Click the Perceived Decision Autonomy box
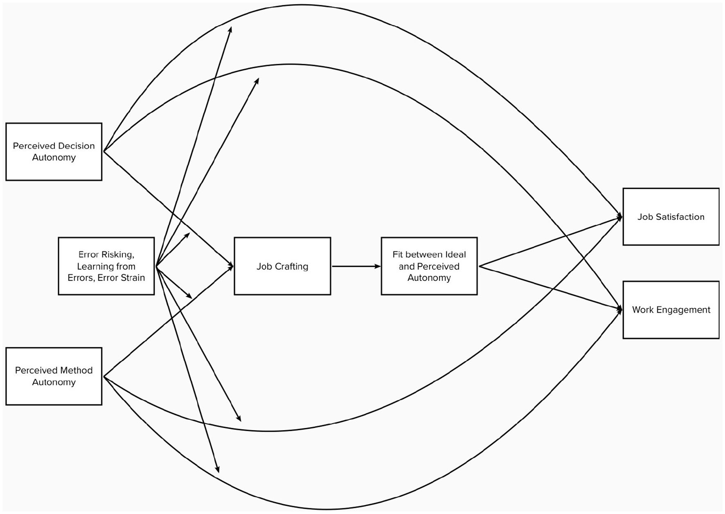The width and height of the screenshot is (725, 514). (54, 151)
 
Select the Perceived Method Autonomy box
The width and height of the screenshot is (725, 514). (54, 376)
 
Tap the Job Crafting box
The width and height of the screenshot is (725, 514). (282, 266)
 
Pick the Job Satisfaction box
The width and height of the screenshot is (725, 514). (671, 216)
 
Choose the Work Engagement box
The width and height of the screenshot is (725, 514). (671, 310)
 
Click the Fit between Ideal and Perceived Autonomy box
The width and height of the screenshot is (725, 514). (429, 266)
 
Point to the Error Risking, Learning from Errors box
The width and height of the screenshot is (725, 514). (106, 266)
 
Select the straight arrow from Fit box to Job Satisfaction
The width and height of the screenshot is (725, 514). (548, 242)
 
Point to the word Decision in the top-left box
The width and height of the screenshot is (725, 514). (77, 146)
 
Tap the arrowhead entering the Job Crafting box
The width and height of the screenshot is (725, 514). (231, 266)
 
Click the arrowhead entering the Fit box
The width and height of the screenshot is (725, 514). (378, 266)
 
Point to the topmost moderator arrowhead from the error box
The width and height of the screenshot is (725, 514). (231, 29)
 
